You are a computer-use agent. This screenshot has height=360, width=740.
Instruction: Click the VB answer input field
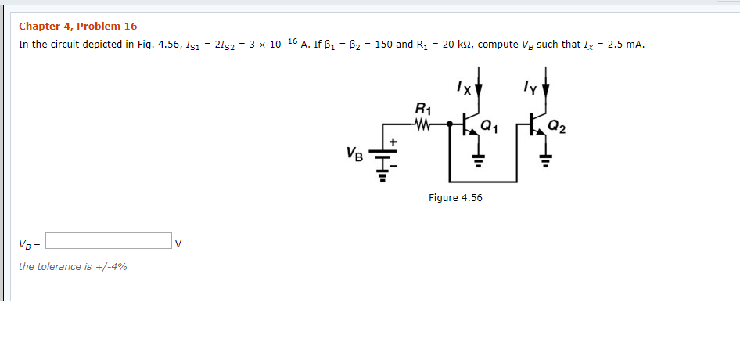tap(109, 240)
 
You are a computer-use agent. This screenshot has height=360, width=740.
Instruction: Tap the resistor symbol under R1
tap(422, 124)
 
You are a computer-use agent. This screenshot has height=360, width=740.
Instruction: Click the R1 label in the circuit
tap(422, 108)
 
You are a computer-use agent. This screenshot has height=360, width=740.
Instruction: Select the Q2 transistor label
tap(558, 124)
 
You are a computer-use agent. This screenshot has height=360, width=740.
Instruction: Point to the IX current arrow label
tap(465, 88)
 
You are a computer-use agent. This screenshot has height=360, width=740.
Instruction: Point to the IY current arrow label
tap(531, 88)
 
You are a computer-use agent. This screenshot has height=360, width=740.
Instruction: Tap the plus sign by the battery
tap(393, 141)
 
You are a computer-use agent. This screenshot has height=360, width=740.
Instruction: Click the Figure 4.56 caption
tap(455, 197)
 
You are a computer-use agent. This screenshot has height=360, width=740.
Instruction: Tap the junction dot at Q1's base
tap(450, 124)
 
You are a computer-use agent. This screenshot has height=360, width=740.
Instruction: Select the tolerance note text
tap(73, 267)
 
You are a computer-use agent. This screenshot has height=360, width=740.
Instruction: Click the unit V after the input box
tap(178, 242)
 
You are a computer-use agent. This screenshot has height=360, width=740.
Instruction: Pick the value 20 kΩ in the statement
tap(454, 44)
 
